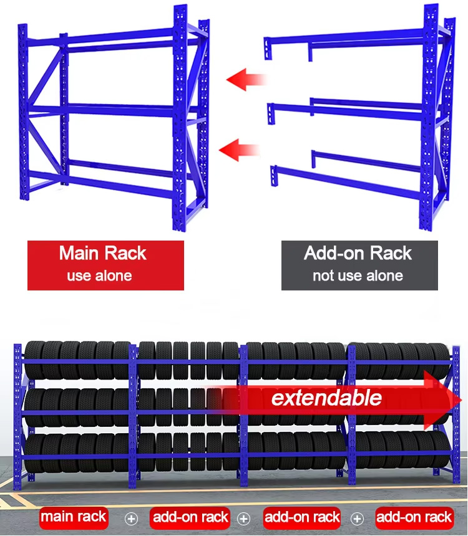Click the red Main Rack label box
tap(105, 266)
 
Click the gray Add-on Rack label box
tap(359, 266)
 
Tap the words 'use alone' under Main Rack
tap(99, 275)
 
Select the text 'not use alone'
tap(358, 275)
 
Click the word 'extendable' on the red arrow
tap(326, 398)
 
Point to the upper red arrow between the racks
tap(246, 80)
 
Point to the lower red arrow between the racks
tap(239, 150)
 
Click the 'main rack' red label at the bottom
tap(74, 517)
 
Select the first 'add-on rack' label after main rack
tap(190, 517)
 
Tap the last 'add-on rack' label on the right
tap(414, 517)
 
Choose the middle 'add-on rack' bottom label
tap(302, 517)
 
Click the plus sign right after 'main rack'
tap(131, 519)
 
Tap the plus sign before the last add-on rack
tap(357, 519)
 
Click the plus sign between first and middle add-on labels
tap(243, 519)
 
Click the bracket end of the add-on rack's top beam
tap(268, 49)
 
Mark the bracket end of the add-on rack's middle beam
tap(271, 114)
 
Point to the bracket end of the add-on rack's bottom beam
tap(274, 176)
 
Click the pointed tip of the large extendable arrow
tap(461, 400)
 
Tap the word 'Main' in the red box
tap(79, 253)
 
